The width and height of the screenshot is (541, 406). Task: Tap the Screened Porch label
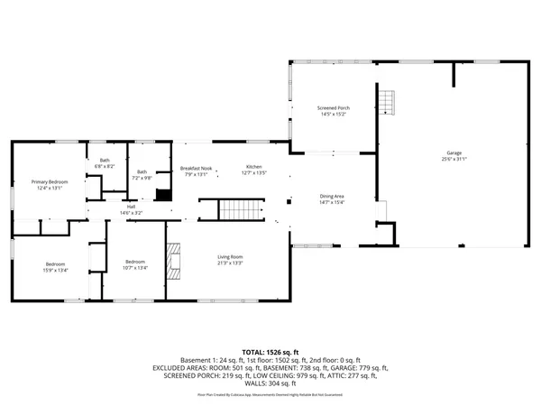coord(333,108)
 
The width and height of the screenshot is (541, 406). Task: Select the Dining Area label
coord(333,196)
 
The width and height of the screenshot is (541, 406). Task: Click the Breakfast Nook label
coord(196,169)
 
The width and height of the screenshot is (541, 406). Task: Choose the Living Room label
coord(230,257)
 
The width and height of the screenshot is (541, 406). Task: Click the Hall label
coord(131,206)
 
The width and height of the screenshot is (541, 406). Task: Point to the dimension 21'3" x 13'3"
coord(230,263)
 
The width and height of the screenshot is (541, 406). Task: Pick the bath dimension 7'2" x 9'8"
coord(142,178)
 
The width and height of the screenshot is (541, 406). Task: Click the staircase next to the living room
coord(240,212)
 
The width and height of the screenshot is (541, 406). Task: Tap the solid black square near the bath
coord(163,194)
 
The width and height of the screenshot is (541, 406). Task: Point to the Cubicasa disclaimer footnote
coord(270,394)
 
